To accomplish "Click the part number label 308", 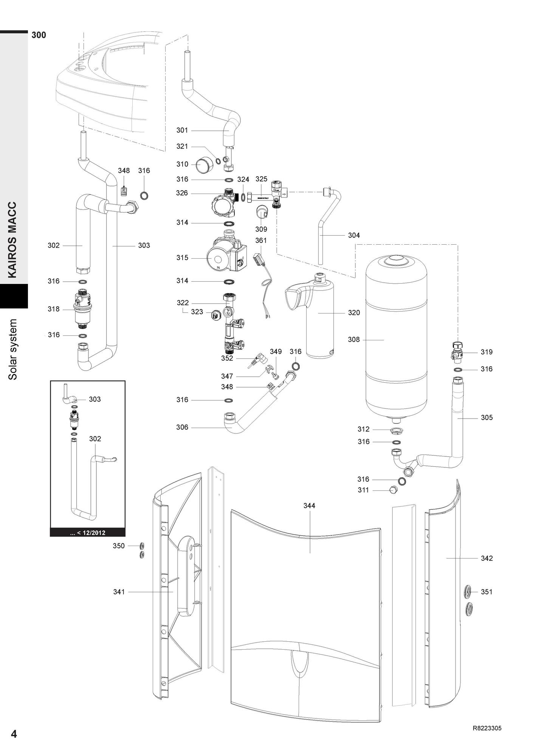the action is [x=354, y=340].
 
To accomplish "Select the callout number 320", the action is [x=354, y=313].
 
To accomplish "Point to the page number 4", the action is [x=14, y=734].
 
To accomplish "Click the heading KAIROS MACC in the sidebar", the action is [x=13, y=240].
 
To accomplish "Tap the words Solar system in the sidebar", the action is [x=13, y=349].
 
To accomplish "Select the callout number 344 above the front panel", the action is [x=309, y=506].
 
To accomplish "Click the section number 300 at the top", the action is [x=39, y=35].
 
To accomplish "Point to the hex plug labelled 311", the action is [x=394, y=490].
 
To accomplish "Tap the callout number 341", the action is [x=119, y=592].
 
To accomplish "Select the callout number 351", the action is [x=487, y=592].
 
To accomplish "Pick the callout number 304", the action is [x=354, y=235].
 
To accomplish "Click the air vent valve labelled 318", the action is [x=82, y=308].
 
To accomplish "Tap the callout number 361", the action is [x=261, y=240].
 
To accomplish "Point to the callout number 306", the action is [x=182, y=427].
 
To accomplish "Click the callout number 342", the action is [x=487, y=558].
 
